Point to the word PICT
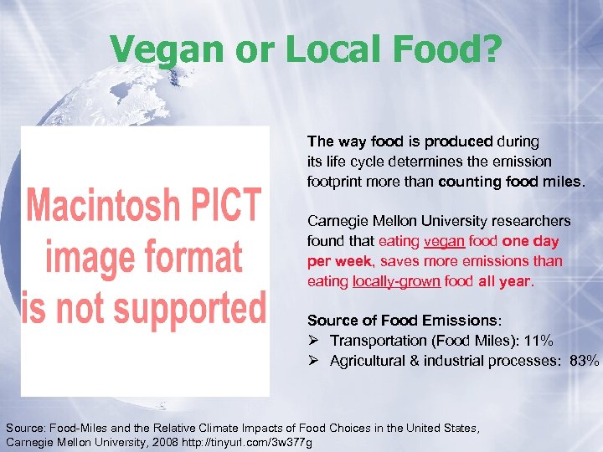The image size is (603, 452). pos(224,206)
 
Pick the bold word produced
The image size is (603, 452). pos(457,141)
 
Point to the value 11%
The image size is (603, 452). pos(535,341)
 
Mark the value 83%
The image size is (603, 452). pos(584,361)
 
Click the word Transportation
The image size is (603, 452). pos(379,341)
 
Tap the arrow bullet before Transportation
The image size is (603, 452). pos(314,341)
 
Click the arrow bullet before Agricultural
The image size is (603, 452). pos(314,361)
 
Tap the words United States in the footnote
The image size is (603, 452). pos(439,428)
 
